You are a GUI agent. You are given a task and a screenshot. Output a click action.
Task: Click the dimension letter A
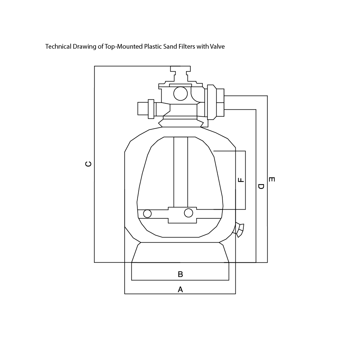click(180, 289)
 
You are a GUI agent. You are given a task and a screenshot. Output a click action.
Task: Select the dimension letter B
click(180, 274)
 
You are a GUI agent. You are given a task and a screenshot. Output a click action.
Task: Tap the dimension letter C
click(88, 164)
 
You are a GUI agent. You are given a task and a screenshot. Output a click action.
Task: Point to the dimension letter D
click(261, 186)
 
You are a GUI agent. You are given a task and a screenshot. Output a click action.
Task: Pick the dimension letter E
click(272, 179)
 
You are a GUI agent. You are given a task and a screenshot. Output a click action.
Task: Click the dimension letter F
click(241, 180)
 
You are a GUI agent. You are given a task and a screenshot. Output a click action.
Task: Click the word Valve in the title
click(217, 47)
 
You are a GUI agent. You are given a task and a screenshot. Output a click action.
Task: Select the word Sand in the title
click(170, 47)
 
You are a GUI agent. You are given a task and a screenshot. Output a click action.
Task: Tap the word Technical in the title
click(58, 47)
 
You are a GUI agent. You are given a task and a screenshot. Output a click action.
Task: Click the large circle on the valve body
click(180, 94)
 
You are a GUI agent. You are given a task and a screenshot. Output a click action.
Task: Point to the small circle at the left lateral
click(147, 214)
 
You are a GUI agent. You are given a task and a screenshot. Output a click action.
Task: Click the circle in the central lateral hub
click(188, 213)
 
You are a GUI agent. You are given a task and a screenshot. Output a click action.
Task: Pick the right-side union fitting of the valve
click(215, 102)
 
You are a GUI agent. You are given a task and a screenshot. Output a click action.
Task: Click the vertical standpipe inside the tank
click(181, 172)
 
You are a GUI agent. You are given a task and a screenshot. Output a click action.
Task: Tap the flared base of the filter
click(180, 252)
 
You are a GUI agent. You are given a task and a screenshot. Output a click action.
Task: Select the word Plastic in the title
click(153, 47)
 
